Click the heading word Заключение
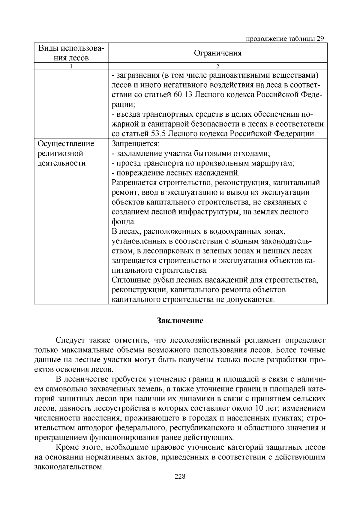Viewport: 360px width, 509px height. [180, 321]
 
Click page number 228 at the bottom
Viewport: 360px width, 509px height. [180, 477]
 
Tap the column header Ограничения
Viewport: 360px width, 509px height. [217, 53]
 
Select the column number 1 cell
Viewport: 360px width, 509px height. [71, 66]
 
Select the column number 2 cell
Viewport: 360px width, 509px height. [217, 66]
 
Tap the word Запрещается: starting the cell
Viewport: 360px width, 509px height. [135, 144]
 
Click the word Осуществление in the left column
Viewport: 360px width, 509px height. [66, 144]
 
